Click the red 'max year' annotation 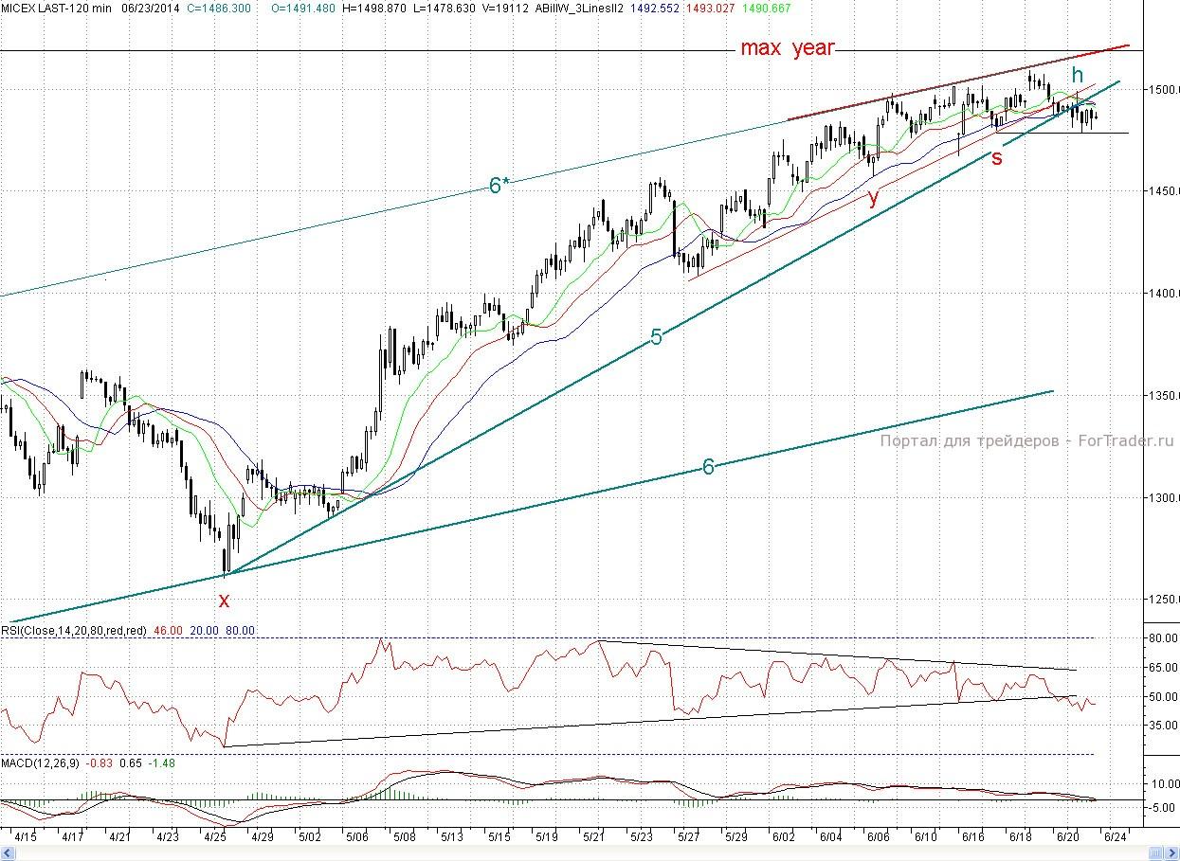tap(787, 47)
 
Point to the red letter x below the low tap(224, 600)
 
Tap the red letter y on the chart tap(873, 197)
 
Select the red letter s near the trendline tap(997, 157)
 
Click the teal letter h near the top tap(1077, 75)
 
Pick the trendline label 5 tap(656, 336)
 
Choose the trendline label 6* tap(499, 186)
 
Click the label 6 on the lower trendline tap(707, 466)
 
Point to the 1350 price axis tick tap(1164, 395)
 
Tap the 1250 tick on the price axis tap(1164, 599)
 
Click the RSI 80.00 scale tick tap(1162, 638)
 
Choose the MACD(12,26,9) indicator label tap(41, 762)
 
